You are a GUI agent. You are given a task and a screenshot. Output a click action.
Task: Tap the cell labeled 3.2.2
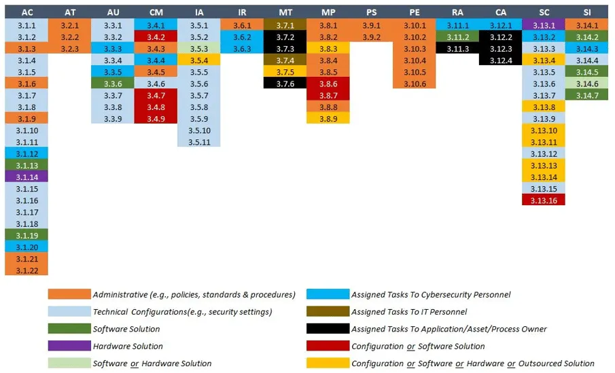pos(69,37)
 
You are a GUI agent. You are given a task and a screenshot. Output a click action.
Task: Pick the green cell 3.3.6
pos(113,83)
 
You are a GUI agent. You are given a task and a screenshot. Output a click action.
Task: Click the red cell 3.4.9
pos(156,118)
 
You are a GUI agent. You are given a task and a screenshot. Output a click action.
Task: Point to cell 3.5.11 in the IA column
pos(199,141)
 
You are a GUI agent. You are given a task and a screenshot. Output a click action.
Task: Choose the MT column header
pos(286,12)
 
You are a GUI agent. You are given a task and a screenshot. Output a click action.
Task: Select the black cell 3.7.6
pos(286,83)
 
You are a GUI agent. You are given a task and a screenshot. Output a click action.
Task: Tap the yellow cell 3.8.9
pos(329,118)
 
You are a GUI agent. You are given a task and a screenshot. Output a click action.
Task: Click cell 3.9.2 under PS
pos(372,37)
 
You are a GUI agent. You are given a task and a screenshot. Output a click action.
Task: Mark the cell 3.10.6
pos(415,83)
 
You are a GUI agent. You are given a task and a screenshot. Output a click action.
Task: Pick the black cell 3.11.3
pos(457,48)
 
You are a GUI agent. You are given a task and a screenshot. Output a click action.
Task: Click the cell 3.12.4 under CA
pos(501,60)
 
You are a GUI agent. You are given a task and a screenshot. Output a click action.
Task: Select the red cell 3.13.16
pos(544,200)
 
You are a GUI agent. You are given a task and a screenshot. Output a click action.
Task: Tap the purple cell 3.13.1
pos(544,25)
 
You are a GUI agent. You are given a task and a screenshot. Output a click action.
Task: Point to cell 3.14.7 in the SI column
pos(587,95)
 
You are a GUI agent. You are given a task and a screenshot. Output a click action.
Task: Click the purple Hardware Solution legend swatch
pos(69,346)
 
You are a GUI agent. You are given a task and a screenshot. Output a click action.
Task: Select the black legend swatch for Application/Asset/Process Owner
pos(328,329)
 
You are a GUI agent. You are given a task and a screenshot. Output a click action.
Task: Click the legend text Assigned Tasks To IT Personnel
pos(408,312)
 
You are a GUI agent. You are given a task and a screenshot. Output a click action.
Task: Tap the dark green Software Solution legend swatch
pos(69,329)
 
